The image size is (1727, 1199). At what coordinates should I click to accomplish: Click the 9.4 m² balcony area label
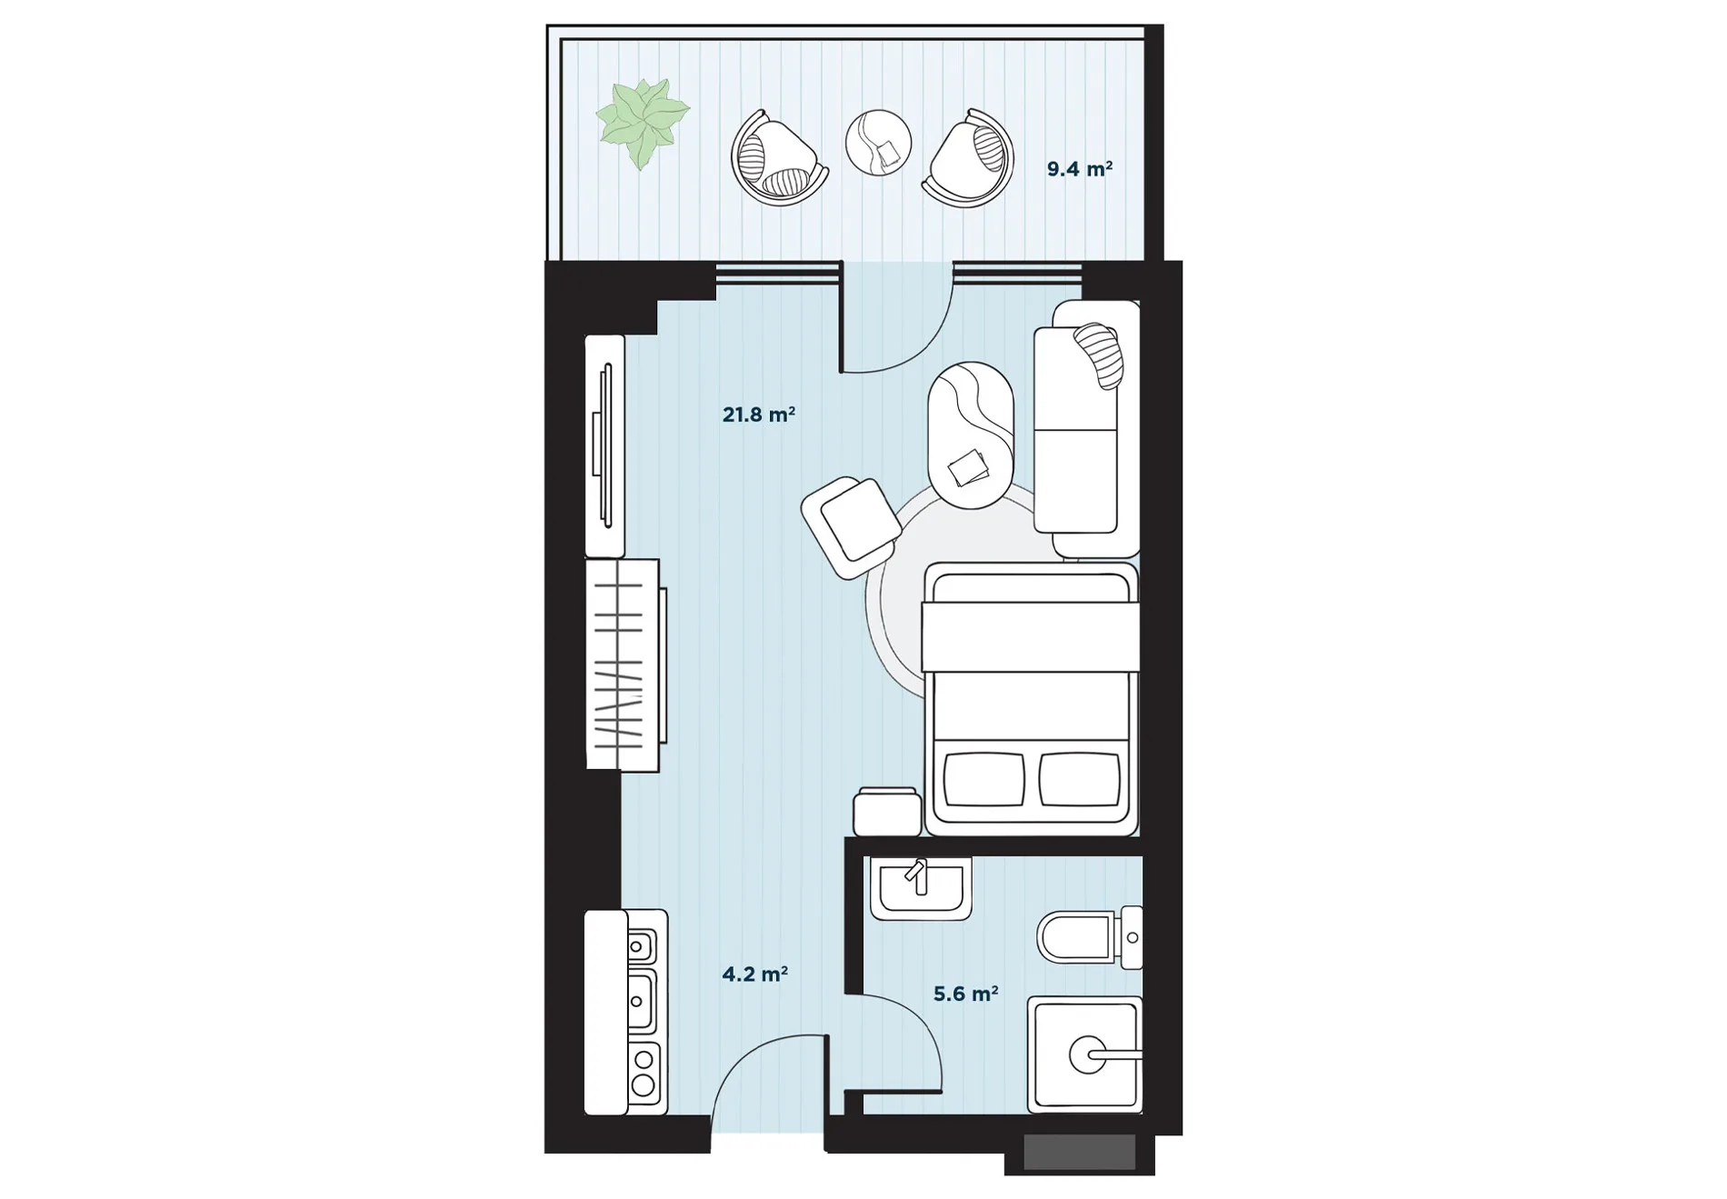1080,169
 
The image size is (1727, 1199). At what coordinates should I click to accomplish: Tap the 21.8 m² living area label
759,415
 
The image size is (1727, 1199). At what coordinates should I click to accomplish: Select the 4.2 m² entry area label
754,974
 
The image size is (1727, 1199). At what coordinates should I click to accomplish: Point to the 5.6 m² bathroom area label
966,994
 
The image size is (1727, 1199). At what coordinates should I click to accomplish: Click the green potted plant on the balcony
643,123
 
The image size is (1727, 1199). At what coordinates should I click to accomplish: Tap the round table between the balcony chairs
878,143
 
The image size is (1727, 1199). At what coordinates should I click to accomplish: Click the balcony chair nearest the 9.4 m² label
969,158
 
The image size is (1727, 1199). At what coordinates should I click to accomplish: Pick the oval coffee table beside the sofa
971,435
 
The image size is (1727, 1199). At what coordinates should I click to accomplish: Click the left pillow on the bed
985,778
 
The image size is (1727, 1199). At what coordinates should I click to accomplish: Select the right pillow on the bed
1079,778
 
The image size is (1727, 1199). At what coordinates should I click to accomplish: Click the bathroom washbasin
921,887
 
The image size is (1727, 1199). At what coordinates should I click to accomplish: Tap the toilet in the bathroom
1090,937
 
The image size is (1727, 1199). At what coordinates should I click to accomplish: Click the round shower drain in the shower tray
1087,1054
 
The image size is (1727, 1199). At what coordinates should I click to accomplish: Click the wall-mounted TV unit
604,445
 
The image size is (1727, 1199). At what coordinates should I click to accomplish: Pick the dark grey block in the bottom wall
1080,1153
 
